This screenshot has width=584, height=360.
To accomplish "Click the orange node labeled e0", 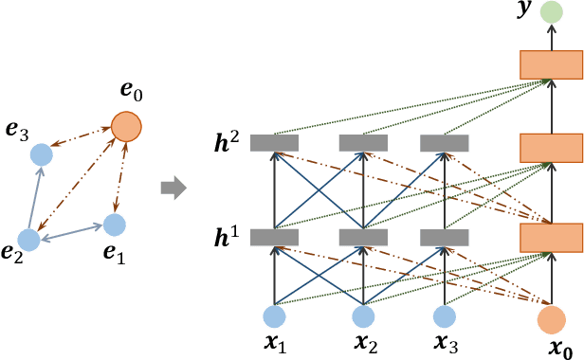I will click(x=126, y=125).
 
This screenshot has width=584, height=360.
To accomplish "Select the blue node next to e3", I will click(x=41, y=153).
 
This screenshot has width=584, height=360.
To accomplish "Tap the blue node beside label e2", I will click(x=28, y=241).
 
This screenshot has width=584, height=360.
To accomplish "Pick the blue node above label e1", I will click(x=114, y=225).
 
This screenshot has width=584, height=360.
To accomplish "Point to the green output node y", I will click(x=550, y=13).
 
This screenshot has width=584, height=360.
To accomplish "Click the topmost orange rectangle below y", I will click(x=550, y=64).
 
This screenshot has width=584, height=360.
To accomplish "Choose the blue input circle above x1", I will click(x=274, y=316).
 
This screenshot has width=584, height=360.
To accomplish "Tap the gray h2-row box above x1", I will click(x=274, y=143).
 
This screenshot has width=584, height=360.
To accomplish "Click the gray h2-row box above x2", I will click(x=361, y=143).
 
